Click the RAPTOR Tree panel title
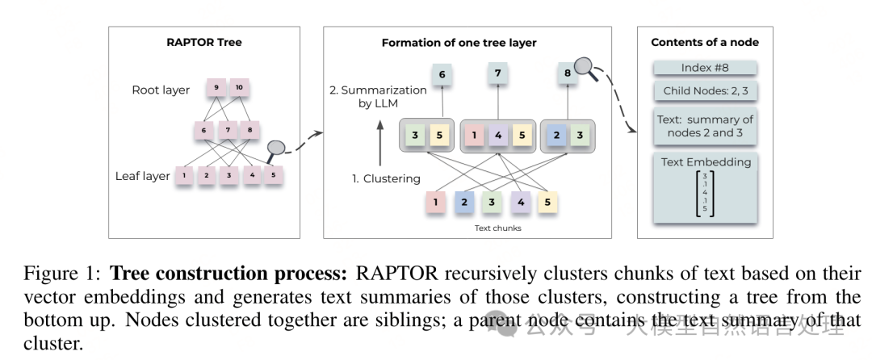199,42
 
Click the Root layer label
161,90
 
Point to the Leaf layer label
144,176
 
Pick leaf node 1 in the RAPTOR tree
184,174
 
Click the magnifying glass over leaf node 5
277,149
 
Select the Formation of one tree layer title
459,43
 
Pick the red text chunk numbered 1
436,202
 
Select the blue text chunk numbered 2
463,202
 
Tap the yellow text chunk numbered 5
547,202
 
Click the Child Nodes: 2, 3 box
705,91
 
